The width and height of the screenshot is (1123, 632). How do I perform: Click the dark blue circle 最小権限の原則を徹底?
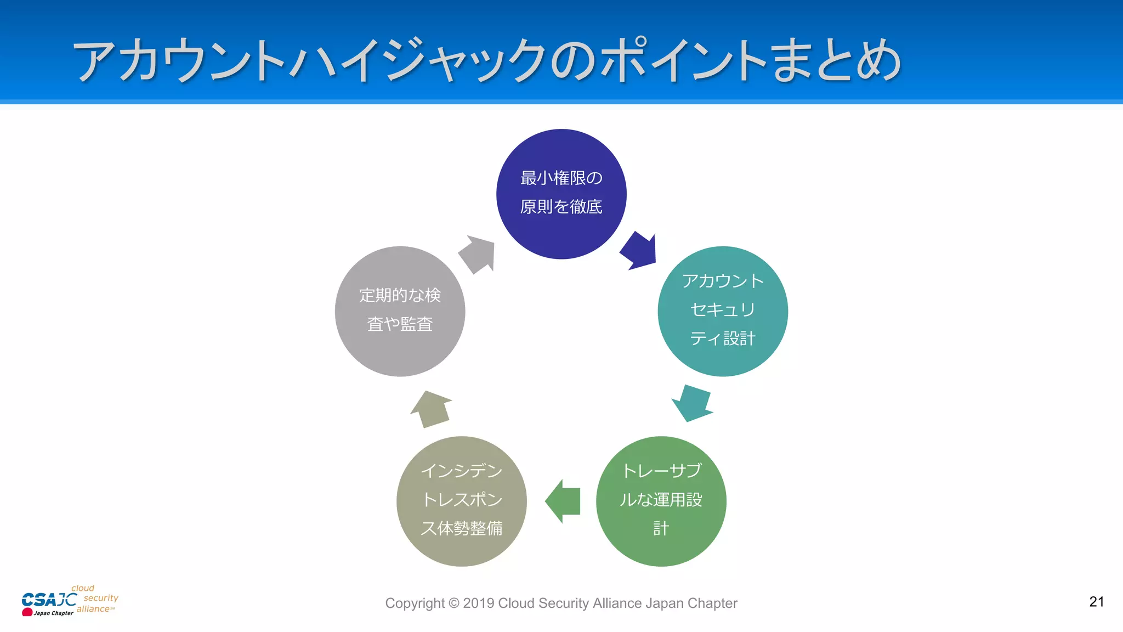[561, 194]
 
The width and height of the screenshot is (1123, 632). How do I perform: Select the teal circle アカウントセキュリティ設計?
[722, 311]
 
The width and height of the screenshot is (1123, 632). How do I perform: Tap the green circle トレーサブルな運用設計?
[661, 501]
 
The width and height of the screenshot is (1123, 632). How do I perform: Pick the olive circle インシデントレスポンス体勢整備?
[461, 501]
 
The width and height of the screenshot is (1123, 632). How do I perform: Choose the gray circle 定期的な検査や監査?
[400, 311]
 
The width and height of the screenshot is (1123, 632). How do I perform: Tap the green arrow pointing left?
[563, 501]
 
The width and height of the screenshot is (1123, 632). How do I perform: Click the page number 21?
[1096, 602]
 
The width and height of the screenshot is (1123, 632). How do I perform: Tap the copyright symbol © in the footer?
[453, 603]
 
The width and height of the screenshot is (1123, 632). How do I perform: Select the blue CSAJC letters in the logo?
[48, 600]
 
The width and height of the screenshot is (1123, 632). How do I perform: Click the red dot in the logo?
[27, 612]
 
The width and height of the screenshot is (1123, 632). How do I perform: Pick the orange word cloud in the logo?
[83, 588]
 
